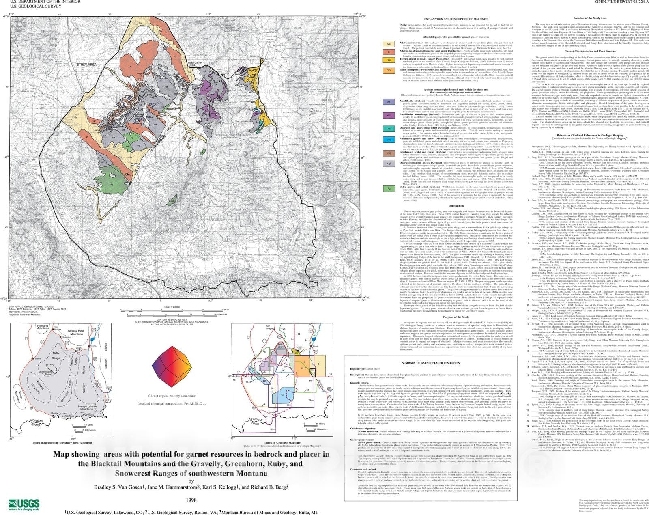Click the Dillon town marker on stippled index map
(36, 359)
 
